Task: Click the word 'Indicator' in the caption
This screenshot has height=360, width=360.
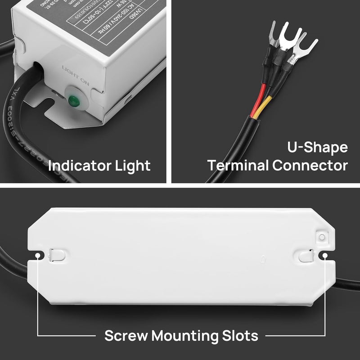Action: tap(80, 166)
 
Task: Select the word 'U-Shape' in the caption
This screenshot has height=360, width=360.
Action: tap(317, 148)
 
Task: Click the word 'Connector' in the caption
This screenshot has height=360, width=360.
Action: tap(310, 166)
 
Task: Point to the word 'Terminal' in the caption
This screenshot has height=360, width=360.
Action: tap(238, 166)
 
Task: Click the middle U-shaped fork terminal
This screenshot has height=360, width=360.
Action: tap(288, 40)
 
